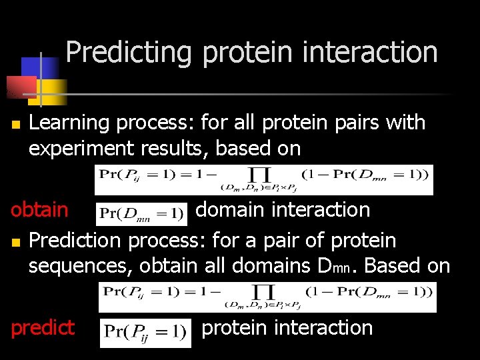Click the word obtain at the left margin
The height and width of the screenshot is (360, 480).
coord(39,209)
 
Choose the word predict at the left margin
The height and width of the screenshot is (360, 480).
coord(42,327)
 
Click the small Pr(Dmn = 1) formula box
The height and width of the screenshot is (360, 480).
coord(141,213)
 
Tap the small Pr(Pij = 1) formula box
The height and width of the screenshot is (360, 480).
coord(145,331)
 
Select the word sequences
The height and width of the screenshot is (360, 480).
coord(80,265)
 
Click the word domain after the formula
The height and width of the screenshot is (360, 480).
coord(230,209)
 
